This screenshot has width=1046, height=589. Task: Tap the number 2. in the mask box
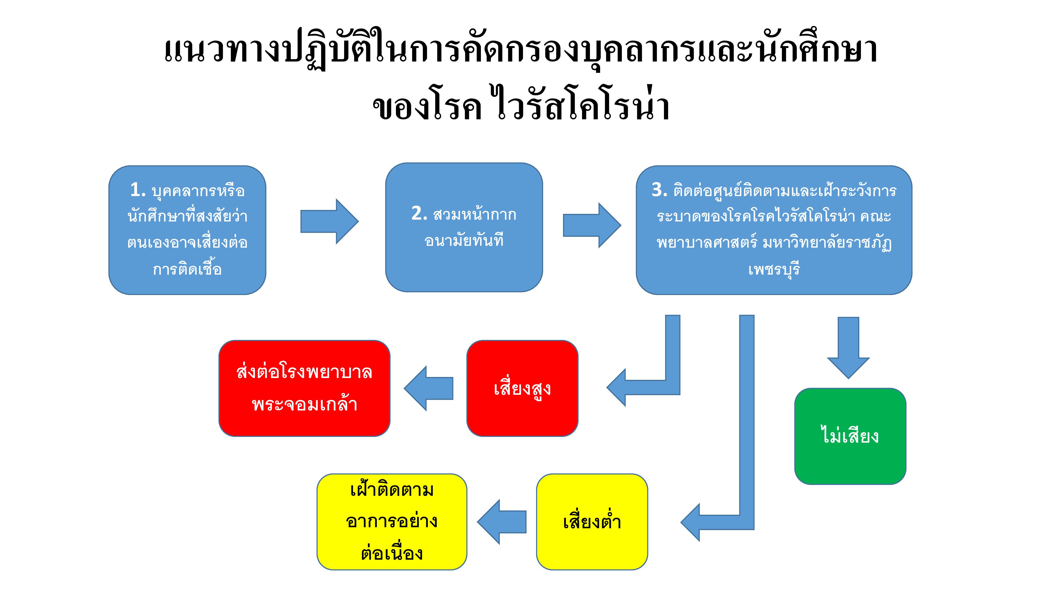click(419, 214)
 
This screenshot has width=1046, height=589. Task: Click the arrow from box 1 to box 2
click(329, 221)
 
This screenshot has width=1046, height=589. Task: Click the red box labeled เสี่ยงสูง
click(522, 388)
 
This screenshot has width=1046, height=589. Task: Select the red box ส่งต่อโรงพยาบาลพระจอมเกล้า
click(304, 388)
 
